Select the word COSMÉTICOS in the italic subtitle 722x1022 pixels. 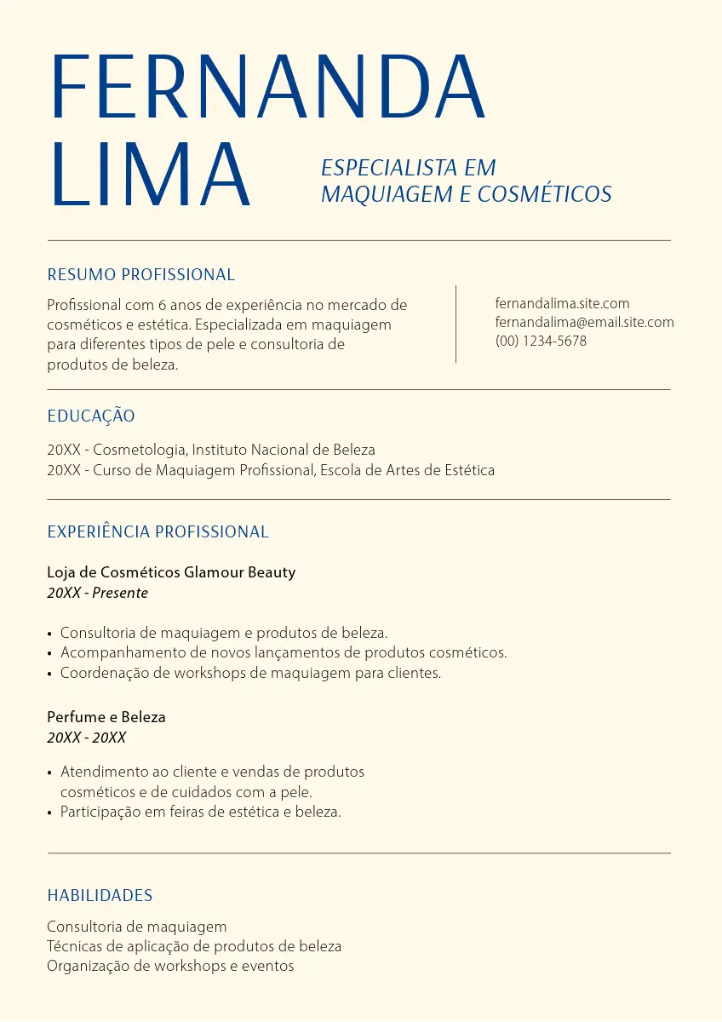point(545,194)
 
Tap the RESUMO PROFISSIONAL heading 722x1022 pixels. point(141,275)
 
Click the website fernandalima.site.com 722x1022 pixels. point(562,303)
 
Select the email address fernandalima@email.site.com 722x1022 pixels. point(584,322)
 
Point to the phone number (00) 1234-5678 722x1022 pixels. point(541,341)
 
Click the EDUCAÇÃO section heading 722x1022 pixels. point(91,416)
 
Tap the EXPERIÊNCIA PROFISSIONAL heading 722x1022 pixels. point(158,532)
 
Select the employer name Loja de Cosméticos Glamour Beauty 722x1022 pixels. point(171,572)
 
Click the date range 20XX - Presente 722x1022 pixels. point(97,593)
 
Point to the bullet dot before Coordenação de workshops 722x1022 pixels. point(50,674)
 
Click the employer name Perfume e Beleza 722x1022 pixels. point(106,717)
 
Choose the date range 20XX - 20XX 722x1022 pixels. point(87,738)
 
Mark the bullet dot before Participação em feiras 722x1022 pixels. point(50,812)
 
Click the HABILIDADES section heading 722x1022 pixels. point(100,896)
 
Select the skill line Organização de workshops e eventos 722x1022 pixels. point(170,966)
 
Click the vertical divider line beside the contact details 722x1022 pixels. point(456,324)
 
